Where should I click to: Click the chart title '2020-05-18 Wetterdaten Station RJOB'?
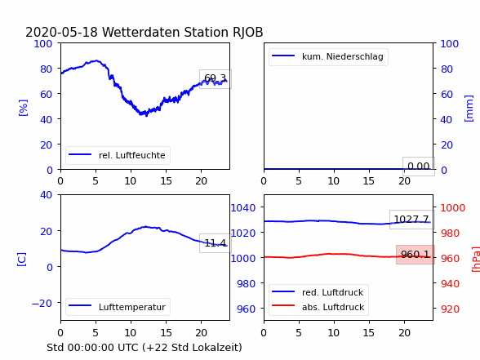pyautogui.click(x=144, y=32)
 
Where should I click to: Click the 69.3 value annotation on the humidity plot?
pyautogui.click(x=216, y=79)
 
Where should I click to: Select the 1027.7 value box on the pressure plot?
pyautogui.click(x=411, y=219)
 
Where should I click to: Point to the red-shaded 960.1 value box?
pyautogui.click(x=415, y=255)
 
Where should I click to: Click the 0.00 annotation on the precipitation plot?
pyautogui.click(x=419, y=167)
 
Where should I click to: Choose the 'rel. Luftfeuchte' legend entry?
pyautogui.click(x=118, y=155)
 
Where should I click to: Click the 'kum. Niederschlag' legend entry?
pyautogui.click(x=328, y=56)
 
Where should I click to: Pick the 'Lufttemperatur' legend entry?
pyautogui.click(x=118, y=307)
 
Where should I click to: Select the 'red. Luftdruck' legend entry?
pyautogui.click(x=318, y=292)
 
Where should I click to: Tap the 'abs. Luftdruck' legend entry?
pyautogui.click(x=318, y=307)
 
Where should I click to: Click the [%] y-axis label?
pyautogui.click(x=23, y=108)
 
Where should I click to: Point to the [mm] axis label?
pyautogui.click(x=469, y=109)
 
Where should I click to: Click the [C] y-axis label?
pyautogui.click(x=21, y=260)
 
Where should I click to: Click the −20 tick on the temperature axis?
pyautogui.click(x=42, y=304)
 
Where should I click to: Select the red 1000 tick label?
pyautogui.click(x=453, y=208)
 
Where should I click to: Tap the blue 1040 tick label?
pyautogui.click(x=243, y=208)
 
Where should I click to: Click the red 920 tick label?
pyautogui.click(x=450, y=309)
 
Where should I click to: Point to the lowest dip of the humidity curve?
pyautogui.click(x=146, y=116)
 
